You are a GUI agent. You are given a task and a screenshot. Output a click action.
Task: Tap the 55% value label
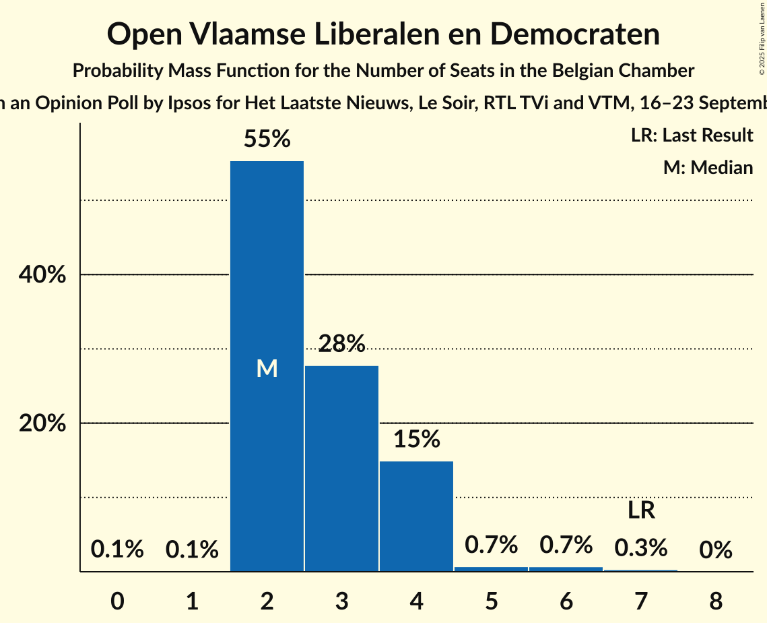[267, 140]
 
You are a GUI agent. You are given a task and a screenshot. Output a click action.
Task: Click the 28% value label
[341, 345]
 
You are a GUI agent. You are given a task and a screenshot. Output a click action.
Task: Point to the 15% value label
[416, 440]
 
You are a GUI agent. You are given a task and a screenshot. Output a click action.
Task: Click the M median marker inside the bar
[267, 368]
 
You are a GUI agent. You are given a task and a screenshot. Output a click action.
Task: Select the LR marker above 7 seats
[641, 510]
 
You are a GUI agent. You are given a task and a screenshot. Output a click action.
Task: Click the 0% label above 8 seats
[715, 550]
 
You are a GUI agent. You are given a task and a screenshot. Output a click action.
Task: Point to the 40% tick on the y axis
[42, 275]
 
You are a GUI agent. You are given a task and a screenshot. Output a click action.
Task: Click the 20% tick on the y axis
[42, 423]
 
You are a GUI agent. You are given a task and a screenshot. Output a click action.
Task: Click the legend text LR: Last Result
[692, 136]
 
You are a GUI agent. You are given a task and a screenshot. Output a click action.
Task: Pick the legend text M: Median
[708, 167]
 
